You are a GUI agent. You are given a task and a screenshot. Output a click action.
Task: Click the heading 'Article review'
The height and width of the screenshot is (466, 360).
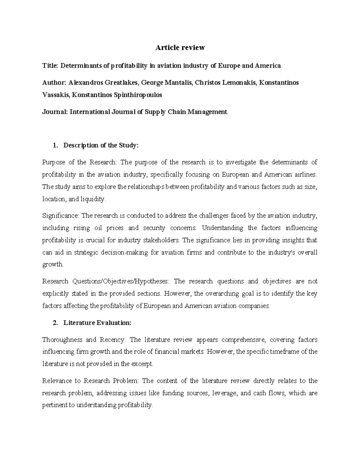[x=180, y=47]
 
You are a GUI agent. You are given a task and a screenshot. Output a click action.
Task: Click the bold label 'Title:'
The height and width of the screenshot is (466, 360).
[x=50, y=66]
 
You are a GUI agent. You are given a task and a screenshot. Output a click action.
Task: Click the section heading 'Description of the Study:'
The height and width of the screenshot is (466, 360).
[x=101, y=146]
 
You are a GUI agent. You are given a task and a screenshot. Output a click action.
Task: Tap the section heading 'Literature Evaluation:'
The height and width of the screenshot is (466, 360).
[x=97, y=323]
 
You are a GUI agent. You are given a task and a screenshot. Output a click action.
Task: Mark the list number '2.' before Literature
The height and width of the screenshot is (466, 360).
[x=55, y=323]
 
